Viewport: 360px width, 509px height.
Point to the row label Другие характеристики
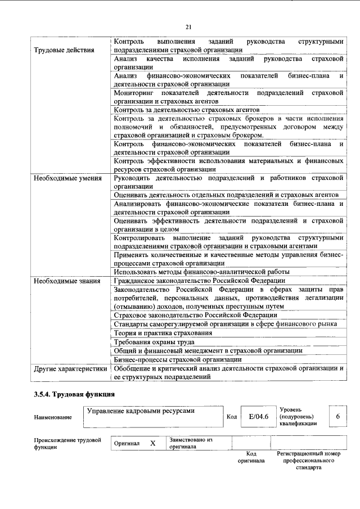point(70,369)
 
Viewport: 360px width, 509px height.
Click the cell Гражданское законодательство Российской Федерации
point(199,280)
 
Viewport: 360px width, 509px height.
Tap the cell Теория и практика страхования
point(163,332)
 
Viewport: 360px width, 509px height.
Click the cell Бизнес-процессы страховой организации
point(174,359)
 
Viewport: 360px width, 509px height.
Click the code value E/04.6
point(258,417)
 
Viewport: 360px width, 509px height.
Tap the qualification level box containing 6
point(337,417)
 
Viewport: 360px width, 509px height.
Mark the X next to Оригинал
point(152,443)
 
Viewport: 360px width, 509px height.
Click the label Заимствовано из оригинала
point(190,443)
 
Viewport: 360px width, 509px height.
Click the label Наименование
point(53,417)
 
